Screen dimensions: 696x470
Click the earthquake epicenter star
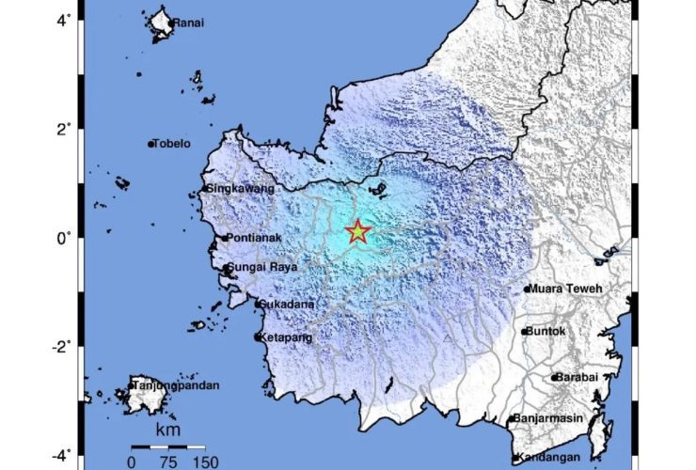pos(357,231)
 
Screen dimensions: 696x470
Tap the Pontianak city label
pos(257,239)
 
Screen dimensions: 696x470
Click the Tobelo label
pos(172,144)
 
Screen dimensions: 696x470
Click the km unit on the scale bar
pos(168,430)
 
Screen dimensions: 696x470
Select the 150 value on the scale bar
pos(206,462)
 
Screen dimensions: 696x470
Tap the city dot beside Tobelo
pos(150,144)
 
